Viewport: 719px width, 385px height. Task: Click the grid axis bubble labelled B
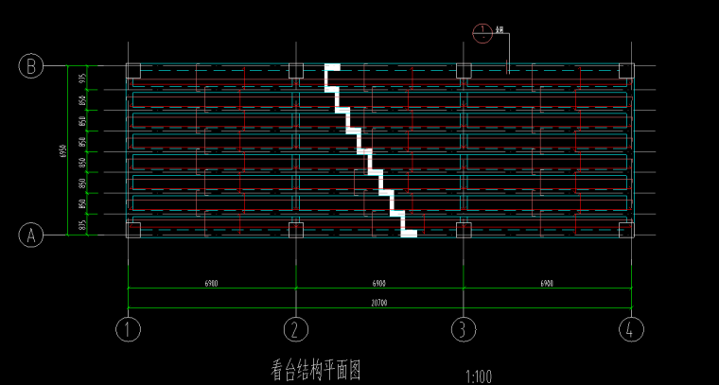pos(31,66)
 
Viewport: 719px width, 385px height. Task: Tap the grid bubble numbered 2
pos(296,329)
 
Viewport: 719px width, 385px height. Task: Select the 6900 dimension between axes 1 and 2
pos(212,283)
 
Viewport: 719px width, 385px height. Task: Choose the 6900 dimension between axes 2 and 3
pos(378,283)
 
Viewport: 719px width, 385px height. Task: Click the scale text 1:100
pos(479,376)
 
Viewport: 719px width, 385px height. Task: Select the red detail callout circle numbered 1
pos(482,33)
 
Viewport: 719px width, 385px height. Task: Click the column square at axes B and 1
pos(132,70)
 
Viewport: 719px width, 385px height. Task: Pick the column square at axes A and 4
pos(625,230)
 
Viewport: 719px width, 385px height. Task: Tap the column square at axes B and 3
pos(464,70)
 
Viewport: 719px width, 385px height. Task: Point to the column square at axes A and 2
pos(296,230)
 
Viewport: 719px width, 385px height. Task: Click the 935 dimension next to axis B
pos(82,79)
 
